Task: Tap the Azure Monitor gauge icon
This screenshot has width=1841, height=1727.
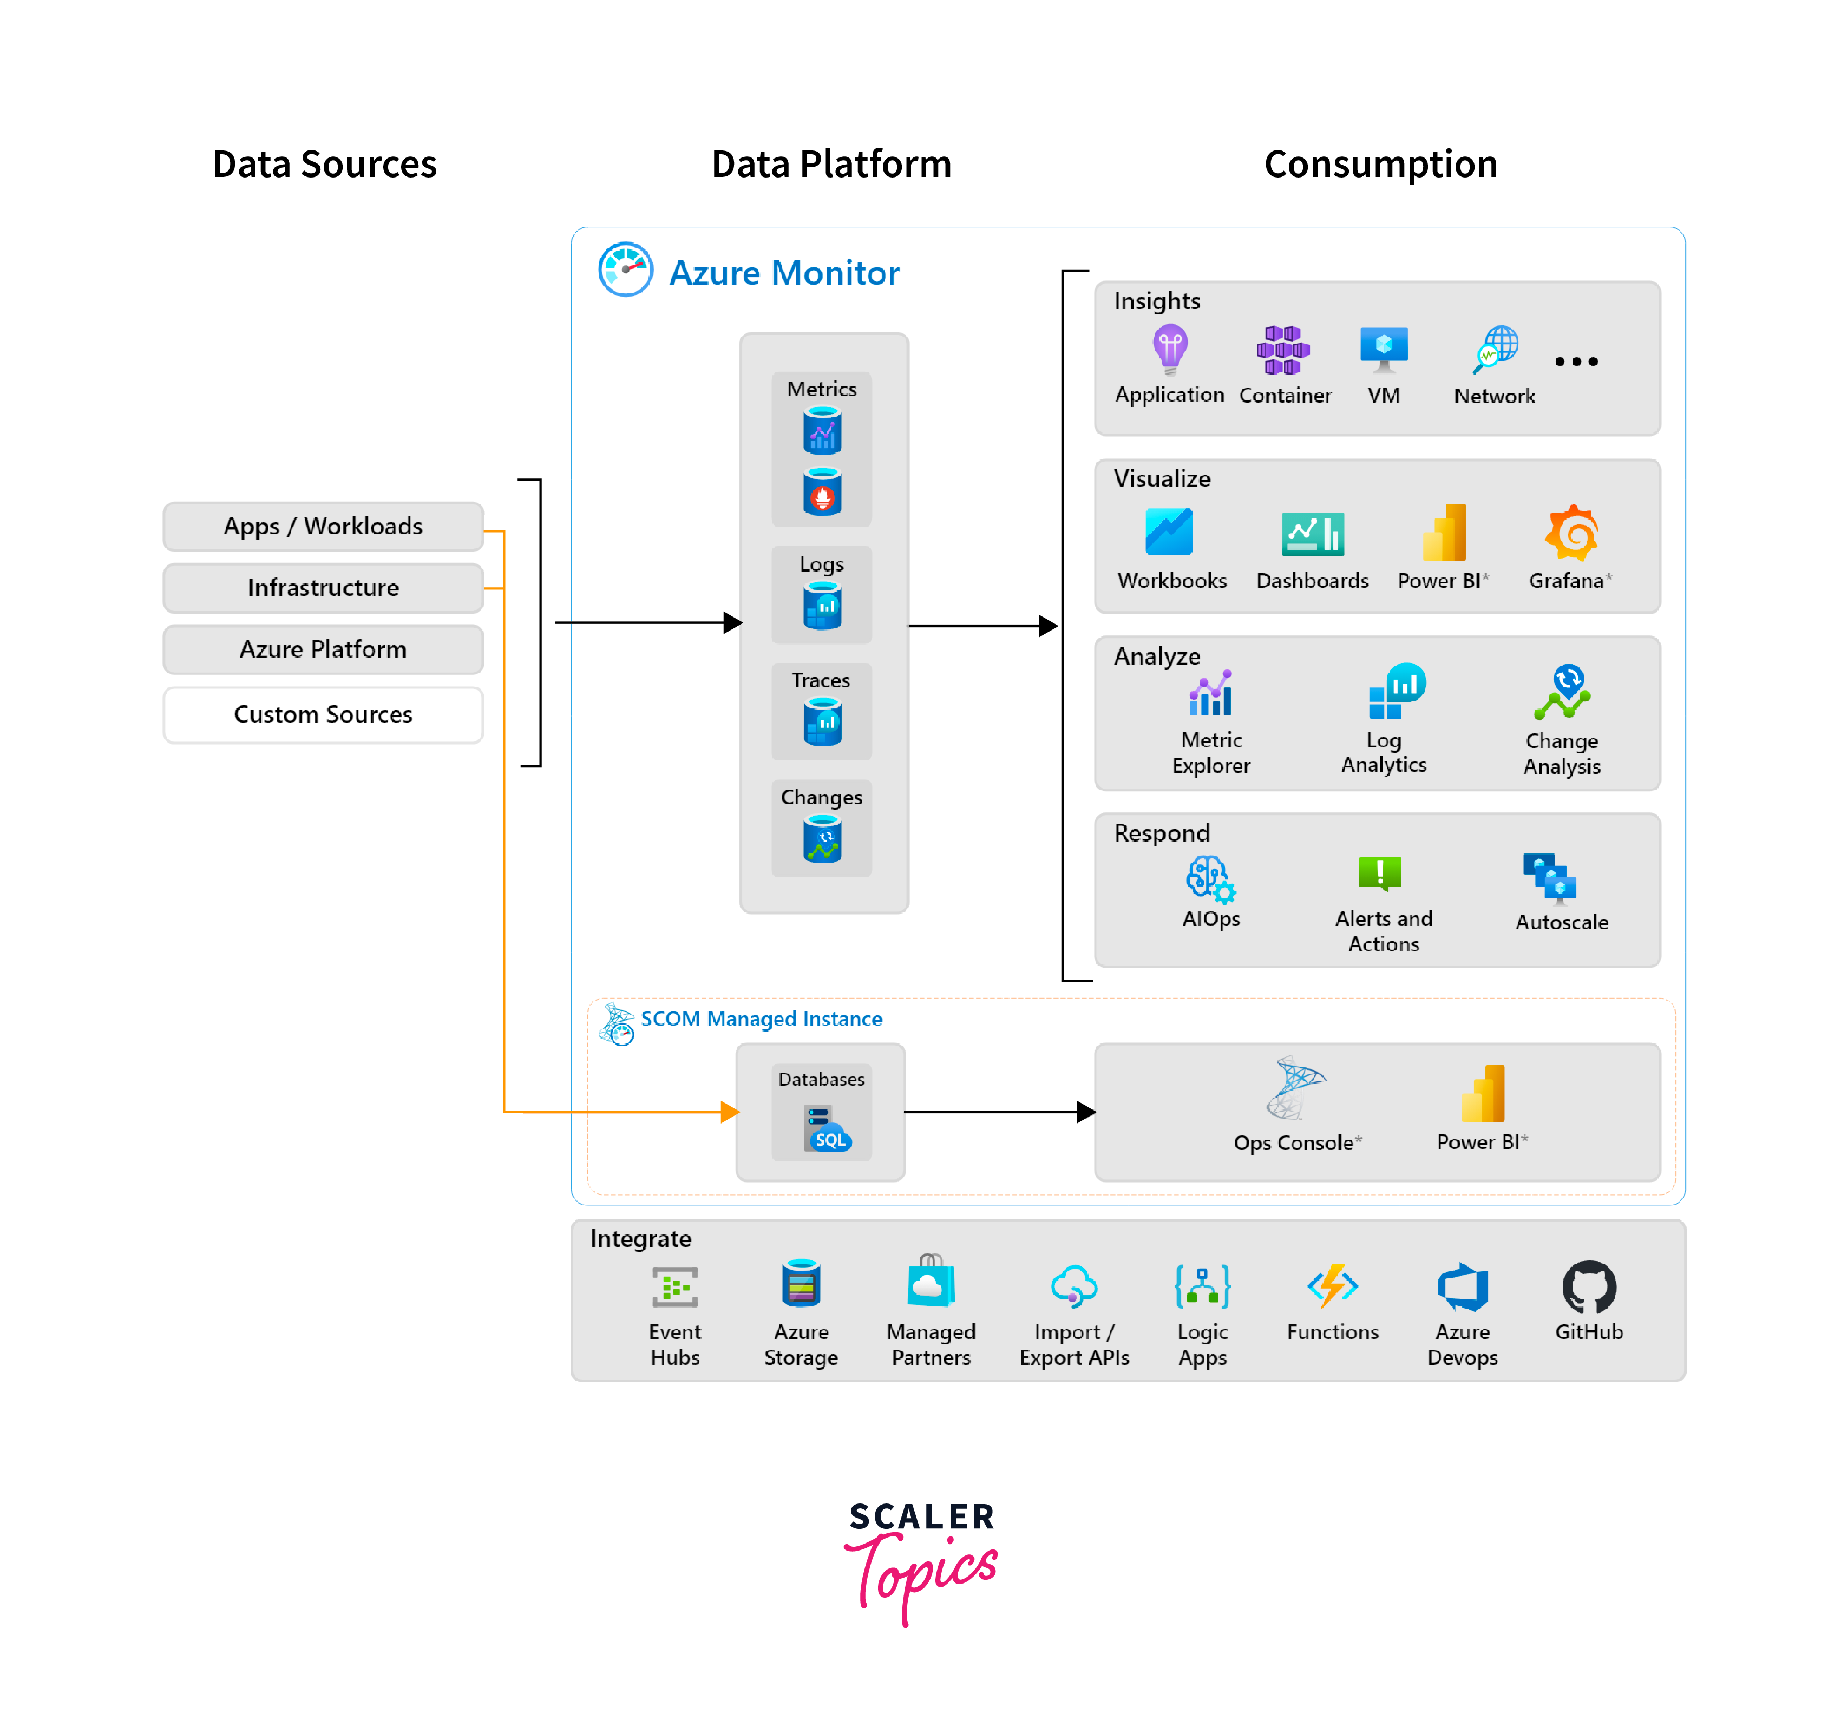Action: click(x=625, y=270)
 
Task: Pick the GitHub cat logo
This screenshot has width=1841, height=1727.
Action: click(x=1589, y=1286)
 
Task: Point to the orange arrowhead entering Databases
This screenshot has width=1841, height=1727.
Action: click(x=730, y=1111)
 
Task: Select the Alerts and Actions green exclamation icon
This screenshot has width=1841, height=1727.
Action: click(x=1380, y=873)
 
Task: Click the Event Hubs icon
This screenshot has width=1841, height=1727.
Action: click(x=675, y=1286)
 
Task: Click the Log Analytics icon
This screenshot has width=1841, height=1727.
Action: click(x=1397, y=691)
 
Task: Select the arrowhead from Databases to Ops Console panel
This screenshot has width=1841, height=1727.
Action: click(x=1086, y=1112)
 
